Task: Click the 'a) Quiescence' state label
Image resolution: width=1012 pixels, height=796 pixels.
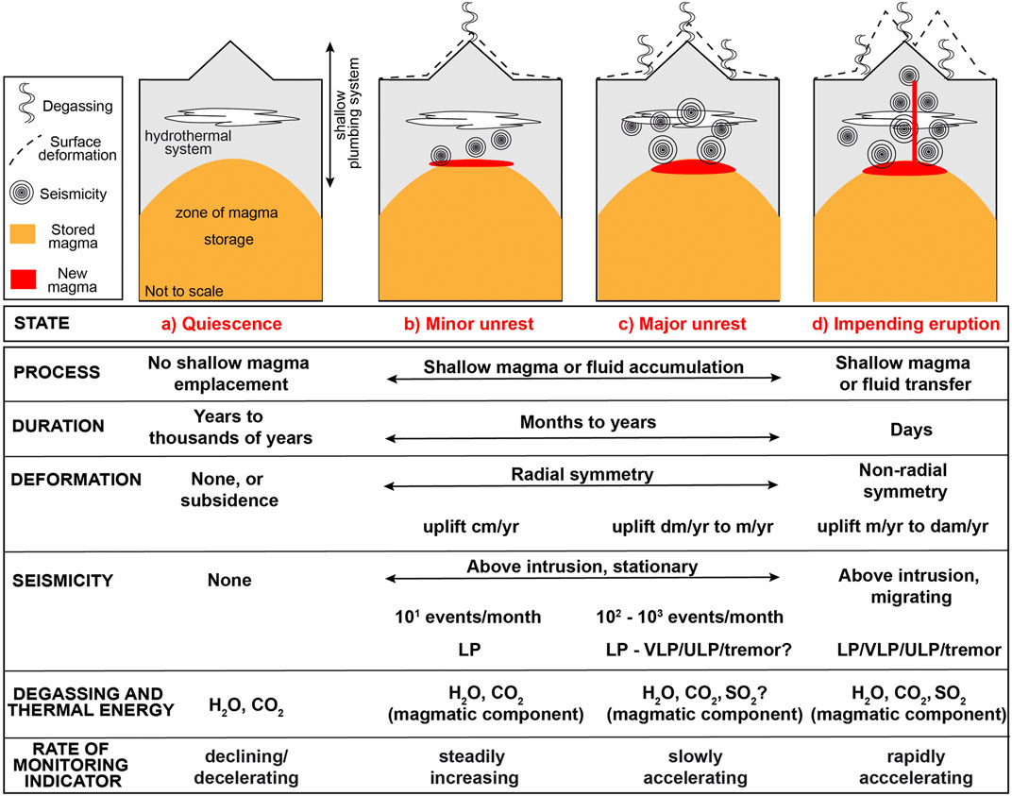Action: coord(222,323)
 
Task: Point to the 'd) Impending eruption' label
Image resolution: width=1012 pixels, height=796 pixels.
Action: coord(905,323)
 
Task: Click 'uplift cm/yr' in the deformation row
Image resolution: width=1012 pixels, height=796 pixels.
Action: coord(461,524)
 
